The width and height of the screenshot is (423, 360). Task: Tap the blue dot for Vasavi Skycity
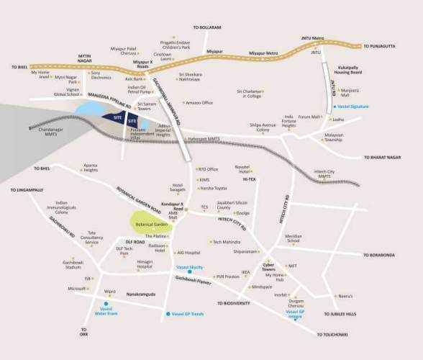coord(190,271)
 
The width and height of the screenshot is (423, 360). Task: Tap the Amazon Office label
coord(199,103)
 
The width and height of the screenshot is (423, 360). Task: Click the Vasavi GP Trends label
coord(187,315)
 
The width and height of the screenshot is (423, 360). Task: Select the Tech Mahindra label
coord(226,242)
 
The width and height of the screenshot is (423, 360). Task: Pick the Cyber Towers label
coord(274,266)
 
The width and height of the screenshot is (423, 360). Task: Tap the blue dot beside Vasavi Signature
coord(333,107)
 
